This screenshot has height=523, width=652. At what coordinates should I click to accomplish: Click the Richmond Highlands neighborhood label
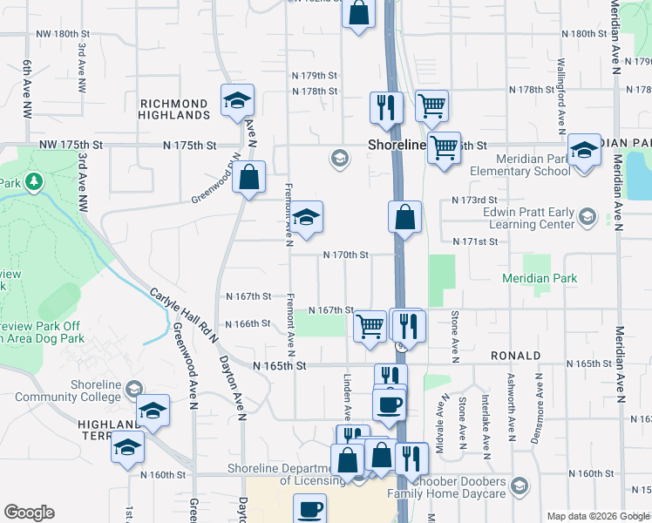point(175,109)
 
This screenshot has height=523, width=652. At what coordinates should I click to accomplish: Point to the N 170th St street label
point(346,255)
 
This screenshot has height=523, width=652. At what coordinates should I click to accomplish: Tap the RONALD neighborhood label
point(515,357)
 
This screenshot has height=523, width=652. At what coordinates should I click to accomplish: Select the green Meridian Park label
point(540,279)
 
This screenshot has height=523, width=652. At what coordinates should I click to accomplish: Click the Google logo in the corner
point(29,513)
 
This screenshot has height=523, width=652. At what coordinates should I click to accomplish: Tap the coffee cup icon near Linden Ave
point(389,404)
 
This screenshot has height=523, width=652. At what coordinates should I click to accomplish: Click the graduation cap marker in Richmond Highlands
point(237,101)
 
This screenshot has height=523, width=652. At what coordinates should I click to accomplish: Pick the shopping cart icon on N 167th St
point(370,326)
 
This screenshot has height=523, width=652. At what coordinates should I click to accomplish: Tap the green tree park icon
point(33,182)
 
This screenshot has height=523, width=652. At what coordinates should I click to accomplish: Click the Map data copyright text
point(598,516)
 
